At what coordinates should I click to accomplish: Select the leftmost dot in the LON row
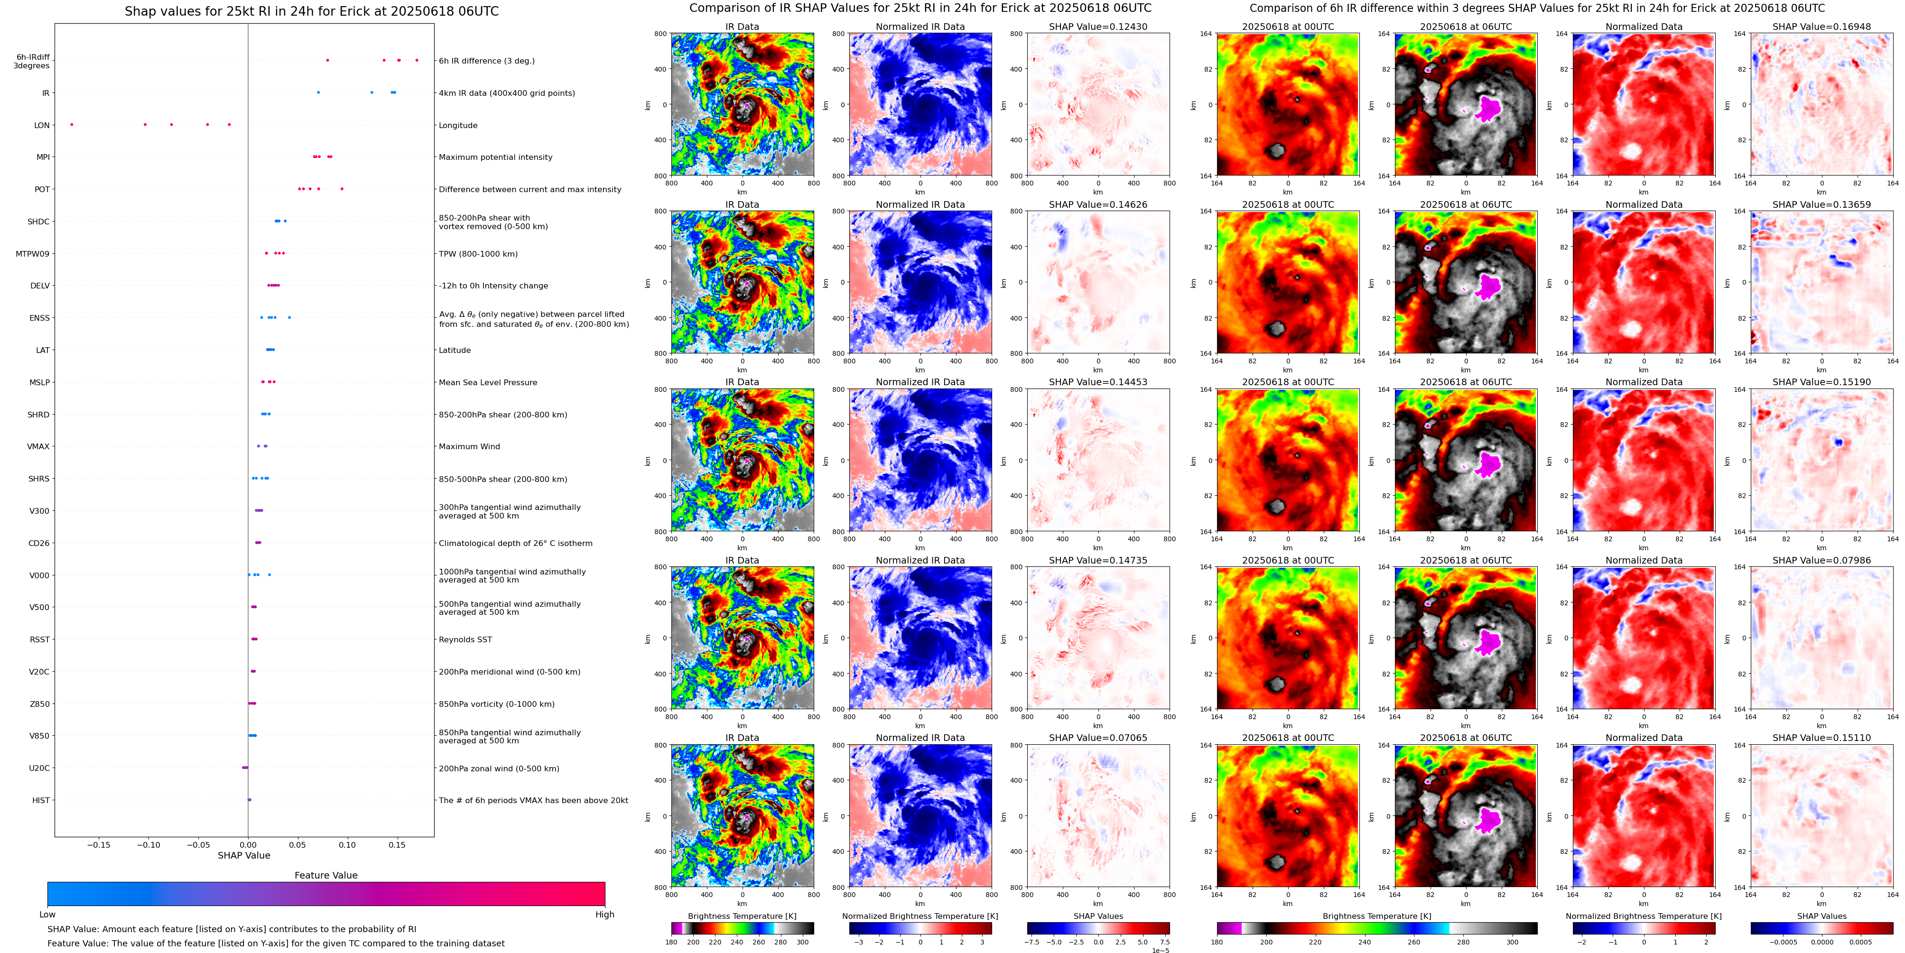click(72, 124)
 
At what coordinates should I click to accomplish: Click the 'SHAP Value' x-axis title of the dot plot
click(244, 855)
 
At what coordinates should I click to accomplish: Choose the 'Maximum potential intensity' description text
click(495, 157)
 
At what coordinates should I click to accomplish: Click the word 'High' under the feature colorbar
click(605, 915)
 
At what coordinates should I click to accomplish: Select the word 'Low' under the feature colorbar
click(47, 915)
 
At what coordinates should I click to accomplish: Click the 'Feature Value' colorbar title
click(326, 875)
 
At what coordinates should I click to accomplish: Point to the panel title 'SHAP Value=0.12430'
click(1098, 27)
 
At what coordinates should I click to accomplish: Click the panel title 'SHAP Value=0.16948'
click(1821, 27)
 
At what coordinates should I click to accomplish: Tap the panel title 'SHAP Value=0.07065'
click(1098, 738)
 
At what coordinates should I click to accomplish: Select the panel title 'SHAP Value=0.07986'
click(1821, 560)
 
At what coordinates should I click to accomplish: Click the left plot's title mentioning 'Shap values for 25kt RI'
click(311, 11)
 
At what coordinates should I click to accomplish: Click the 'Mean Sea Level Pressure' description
click(488, 383)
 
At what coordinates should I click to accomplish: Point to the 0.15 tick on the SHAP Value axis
click(397, 845)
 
